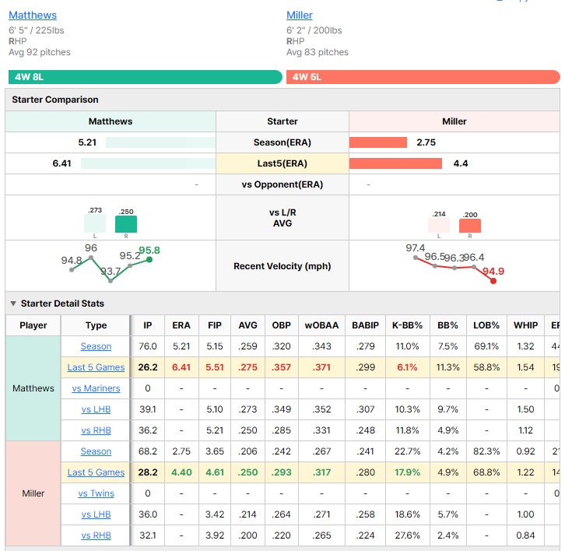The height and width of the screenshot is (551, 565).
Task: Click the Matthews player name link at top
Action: (x=33, y=15)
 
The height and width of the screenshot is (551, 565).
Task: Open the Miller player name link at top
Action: (x=300, y=15)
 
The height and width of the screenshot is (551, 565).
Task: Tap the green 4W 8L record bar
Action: (x=146, y=77)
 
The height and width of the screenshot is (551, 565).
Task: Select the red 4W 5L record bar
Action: (x=423, y=77)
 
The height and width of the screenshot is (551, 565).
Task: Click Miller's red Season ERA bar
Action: (x=378, y=142)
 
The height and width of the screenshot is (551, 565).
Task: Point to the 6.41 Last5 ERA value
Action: (x=61, y=163)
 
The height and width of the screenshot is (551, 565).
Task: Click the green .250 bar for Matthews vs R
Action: (x=126, y=224)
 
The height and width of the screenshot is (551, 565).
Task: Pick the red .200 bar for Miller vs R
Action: (x=470, y=226)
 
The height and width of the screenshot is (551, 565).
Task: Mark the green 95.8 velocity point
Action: (x=149, y=259)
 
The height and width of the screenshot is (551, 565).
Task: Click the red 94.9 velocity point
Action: (x=493, y=281)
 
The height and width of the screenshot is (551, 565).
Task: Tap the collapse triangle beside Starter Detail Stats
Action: (x=13, y=304)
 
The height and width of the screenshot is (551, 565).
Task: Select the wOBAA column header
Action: (x=321, y=325)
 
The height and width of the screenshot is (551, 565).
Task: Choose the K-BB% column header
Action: (x=407, y=325)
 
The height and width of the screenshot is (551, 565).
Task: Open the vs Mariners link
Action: (x=96, y=388)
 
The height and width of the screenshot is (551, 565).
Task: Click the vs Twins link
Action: (x=96, y=493)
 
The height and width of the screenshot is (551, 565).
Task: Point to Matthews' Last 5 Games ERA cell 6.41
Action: (x=181, y=367)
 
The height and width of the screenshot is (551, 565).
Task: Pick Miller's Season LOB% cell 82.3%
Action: (x=486, y=451)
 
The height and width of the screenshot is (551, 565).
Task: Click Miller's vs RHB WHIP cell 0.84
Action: (x=525, y=535)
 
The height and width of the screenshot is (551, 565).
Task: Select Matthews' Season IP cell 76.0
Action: (x=148, y=346)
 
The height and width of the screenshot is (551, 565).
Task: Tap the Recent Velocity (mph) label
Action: (x=282, y=266)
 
